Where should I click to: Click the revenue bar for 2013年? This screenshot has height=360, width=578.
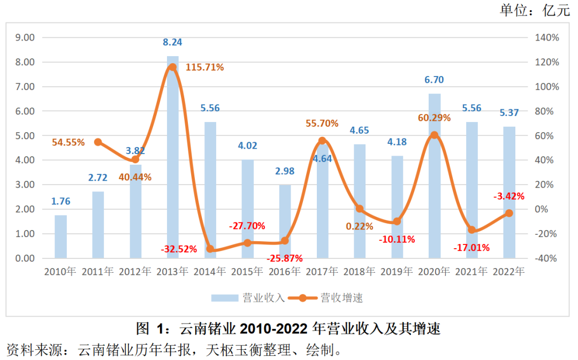[x=172, y=160]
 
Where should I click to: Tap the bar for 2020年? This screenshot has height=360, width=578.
[x=435, y=177]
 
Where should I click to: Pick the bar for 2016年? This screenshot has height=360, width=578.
[x=285, y=221]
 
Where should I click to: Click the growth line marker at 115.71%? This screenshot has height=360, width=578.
[x=172, y=67]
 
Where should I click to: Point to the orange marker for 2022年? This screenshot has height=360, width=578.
[x=509, y=213]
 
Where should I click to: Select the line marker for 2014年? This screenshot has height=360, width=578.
[x=210, y=249]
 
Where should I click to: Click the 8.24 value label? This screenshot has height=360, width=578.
[x=172, y=43]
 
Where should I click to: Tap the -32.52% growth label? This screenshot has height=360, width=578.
[x=179, y=249]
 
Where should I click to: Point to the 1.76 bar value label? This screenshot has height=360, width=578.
[x=61, y=202]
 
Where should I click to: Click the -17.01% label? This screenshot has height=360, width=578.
[x=471, y=248]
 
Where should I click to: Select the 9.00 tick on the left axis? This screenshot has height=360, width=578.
[x=24, y=38]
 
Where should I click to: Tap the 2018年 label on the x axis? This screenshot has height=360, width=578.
[x=360, y=272]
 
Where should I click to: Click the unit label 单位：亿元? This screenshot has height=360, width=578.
[x=535, y=10]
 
